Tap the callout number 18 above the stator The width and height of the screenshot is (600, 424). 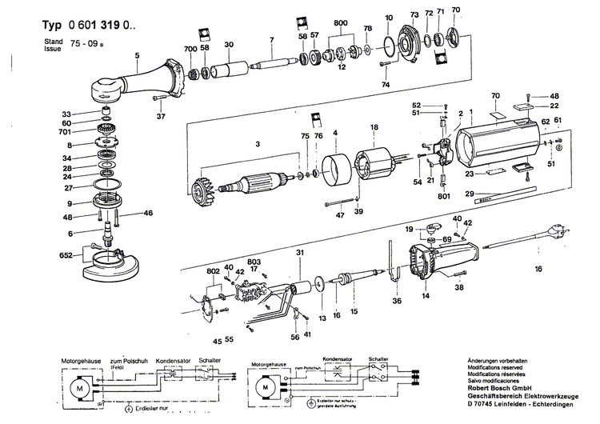pos(374,127)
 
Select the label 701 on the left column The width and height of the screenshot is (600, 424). pos(65,133)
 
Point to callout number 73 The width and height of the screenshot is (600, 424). pos(414,14)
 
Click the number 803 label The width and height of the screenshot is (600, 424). pos(254,262)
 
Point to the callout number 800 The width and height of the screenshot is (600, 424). pos(342,25)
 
